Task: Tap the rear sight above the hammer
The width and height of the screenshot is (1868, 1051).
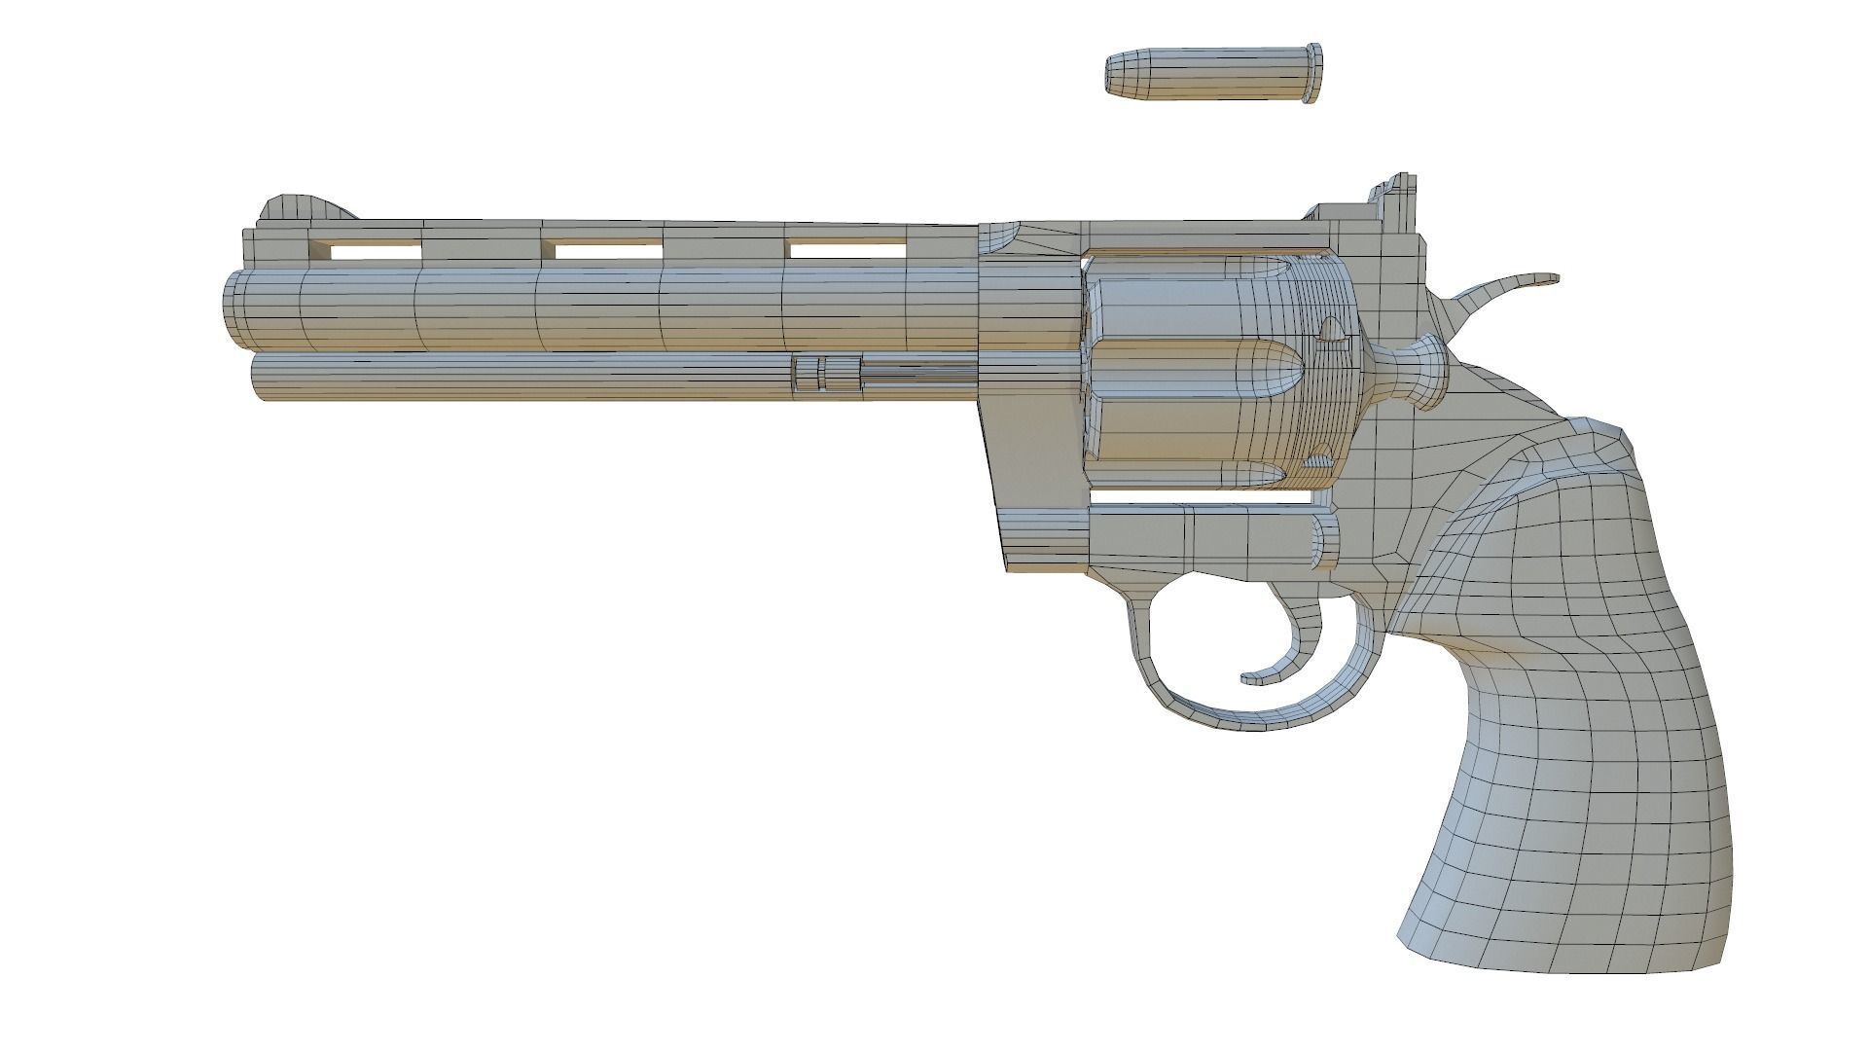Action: tap(1398, 196)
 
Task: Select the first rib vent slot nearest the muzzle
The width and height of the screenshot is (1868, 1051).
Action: tap(376, 251)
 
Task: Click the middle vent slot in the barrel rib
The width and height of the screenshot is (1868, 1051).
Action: tap(607, 251)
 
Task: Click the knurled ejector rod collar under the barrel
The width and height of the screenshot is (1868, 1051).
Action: tap(827, 375)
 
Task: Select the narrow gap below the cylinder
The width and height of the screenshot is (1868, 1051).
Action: tap(1206, 497)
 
